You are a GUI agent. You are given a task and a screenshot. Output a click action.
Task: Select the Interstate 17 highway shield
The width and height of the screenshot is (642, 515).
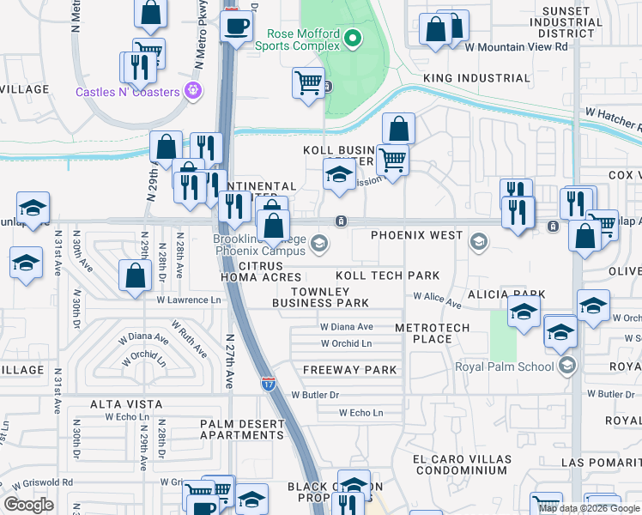pyautogui.click(x=268, y=383)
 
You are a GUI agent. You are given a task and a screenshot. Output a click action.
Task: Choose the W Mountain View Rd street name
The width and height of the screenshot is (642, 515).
pyautogui.click(x=526, y=47)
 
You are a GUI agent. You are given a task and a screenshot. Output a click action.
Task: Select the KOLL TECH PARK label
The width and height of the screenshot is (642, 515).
pyautogui.click(x=387, y=276)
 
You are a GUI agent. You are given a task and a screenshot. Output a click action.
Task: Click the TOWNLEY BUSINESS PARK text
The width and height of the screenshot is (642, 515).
pyautogui.click(x=320, y=297)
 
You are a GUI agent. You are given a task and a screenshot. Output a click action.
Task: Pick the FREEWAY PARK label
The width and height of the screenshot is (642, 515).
pyautogui.click(x=349, y=370)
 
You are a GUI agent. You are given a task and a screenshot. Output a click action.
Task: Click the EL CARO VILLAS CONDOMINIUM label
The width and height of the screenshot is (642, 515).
pyautogui.click(x=459, y=464)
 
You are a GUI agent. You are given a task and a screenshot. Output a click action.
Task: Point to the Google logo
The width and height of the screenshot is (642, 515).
pyautogui.click(x=28, y=505)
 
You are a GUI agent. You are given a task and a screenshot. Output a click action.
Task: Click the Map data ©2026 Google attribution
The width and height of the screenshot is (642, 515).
pyautogui.click(x=590, y=508)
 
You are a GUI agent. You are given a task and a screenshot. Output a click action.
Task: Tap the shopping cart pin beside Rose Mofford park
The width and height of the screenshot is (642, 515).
pyautogui.click(x=308, y=84)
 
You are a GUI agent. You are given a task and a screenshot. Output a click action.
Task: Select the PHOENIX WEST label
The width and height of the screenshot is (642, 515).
pyautogui.click(x=416, y=234)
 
